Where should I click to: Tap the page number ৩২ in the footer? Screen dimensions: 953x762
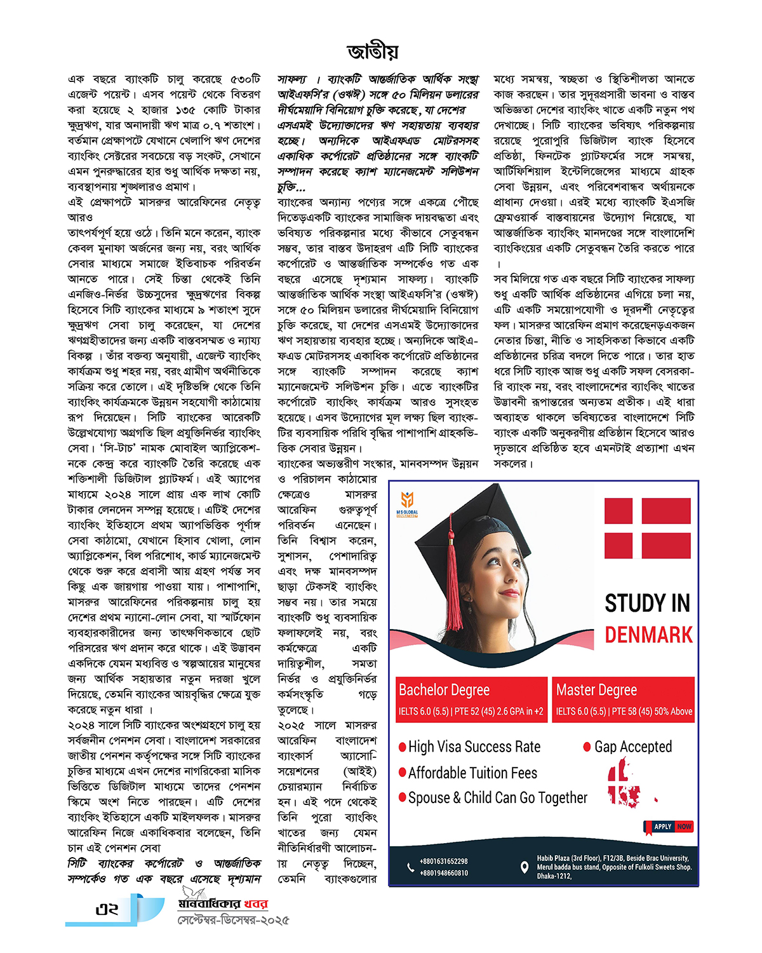pos(107,909)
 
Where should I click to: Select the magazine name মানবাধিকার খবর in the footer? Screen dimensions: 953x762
pos(223,904)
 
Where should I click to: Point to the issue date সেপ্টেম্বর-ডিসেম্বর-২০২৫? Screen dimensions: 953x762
pos(233,920)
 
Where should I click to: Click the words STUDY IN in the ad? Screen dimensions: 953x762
pos(647,603)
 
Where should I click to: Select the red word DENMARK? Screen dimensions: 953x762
pos(648,635)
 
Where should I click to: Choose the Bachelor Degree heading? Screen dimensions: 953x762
pos(444,690)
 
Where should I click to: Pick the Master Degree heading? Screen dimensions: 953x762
pos(596,690)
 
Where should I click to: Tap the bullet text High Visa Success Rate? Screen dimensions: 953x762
pos(474,747)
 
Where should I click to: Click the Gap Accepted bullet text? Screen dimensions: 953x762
pos(632,747)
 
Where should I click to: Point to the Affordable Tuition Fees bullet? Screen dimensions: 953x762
pos(472,773)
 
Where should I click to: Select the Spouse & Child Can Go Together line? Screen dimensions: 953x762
pos(497,798)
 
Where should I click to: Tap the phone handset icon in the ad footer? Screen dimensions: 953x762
pos(410,867)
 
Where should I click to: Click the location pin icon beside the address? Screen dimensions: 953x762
pos(525,867)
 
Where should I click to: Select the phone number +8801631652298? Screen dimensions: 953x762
pos(443,862)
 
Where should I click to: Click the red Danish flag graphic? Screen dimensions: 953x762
pos(647,528)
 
